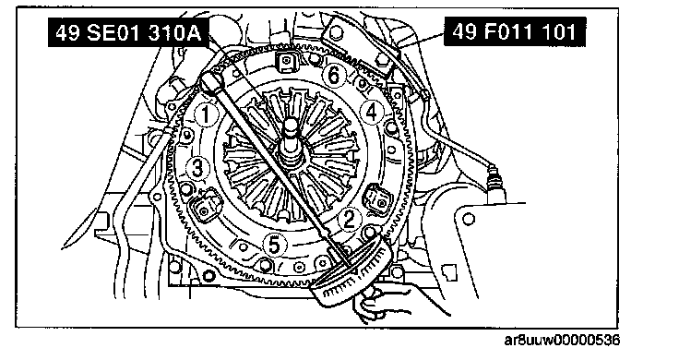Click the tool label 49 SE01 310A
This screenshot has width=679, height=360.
pos(128,32)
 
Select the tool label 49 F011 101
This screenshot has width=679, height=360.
pos(515,31)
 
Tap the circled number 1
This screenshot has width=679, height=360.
pos(205,114)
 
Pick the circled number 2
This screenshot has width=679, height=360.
pos(350,219)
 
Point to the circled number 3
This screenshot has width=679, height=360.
pos(197,168)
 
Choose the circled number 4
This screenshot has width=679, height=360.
pos(372,113)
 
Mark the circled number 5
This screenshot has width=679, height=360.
pos(275,246)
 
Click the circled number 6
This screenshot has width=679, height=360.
pos(334,76)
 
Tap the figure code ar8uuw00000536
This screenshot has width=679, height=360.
pos(562,340)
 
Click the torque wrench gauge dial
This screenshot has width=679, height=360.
pos(351,271)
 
